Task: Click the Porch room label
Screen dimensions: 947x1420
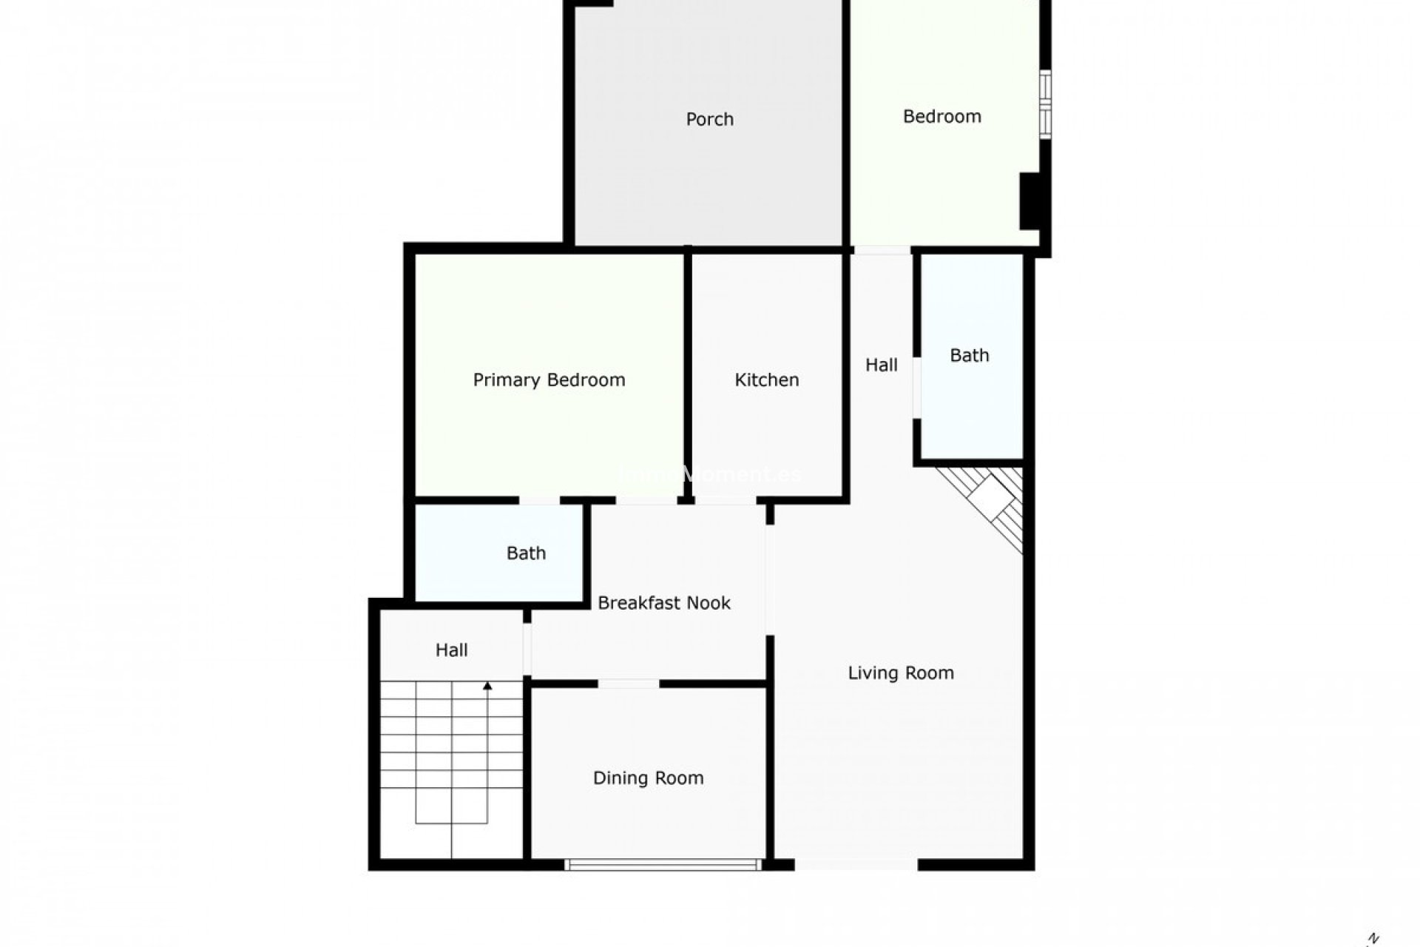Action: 709,119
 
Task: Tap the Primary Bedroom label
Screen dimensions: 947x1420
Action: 549,380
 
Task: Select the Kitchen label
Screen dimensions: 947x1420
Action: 766,380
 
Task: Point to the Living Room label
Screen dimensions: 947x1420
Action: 900,673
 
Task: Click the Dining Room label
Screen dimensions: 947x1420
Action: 648,778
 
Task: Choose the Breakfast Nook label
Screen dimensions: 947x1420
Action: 663,603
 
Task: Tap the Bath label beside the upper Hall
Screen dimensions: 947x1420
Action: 969,355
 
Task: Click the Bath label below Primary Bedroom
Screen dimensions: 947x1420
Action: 526,553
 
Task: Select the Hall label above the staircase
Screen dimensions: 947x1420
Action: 451,650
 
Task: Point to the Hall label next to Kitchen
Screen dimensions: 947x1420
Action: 881,365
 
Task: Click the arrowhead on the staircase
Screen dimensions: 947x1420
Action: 487,687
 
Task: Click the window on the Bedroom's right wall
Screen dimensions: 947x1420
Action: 1045,104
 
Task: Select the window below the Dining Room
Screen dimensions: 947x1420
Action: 663,863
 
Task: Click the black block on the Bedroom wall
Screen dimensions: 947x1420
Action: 1031,200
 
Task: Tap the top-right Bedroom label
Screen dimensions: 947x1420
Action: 941,116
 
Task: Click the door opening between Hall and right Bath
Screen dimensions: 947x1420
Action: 916,388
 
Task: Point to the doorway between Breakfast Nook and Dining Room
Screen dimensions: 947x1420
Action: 628,684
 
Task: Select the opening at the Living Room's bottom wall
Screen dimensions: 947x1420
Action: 856,863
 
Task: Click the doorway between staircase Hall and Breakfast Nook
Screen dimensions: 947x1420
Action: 527,650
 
